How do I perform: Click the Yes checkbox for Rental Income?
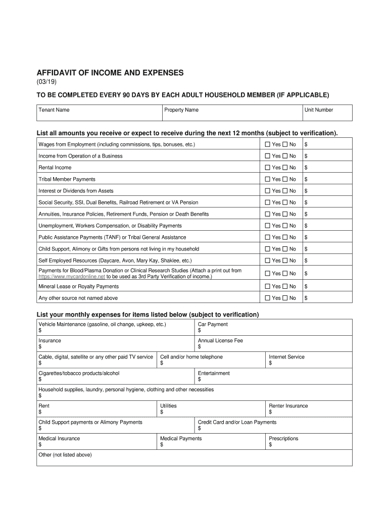tap(268, 168)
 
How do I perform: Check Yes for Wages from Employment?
tap(268, 144)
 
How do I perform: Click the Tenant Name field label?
tap(54, 110)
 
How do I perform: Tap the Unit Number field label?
tap(318, 110)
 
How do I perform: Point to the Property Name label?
tap(181, 110)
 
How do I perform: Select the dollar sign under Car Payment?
tap(200, 331)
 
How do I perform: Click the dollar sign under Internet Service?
tap(270, 363)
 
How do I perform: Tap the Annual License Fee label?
tap(220, 340)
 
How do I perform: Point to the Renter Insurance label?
tap(288, 406)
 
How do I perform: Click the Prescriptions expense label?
tap(283, 438)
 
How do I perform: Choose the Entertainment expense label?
tap(214, 373)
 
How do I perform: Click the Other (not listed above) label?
tap(65, 455)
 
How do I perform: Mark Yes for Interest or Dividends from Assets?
tap(268, 191)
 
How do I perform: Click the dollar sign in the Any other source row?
tap(306, 298)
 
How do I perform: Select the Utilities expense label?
tap(168, 406)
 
